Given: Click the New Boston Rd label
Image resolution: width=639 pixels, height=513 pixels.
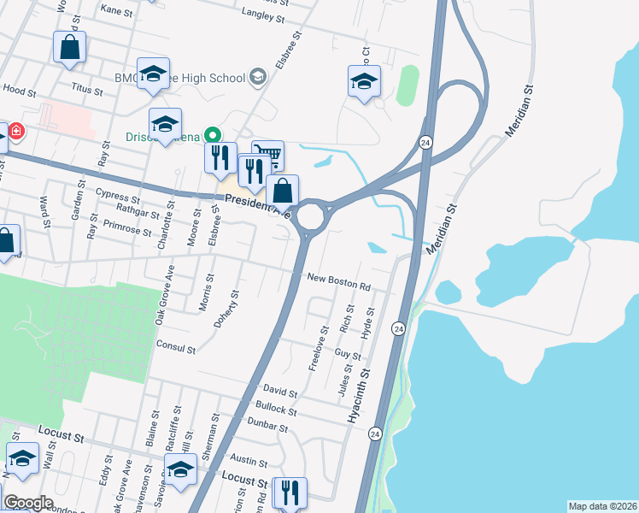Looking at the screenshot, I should coord(339,282).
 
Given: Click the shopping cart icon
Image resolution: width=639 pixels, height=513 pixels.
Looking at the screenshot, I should coord(269,154).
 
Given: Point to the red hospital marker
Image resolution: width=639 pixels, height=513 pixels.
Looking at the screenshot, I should coord(16,132).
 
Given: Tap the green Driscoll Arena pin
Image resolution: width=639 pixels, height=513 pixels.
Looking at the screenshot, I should coord(214,135).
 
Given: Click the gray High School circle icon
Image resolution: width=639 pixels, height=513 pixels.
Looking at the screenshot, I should coord(257,78).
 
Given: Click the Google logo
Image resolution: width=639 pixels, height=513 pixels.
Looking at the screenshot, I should coord(27,503).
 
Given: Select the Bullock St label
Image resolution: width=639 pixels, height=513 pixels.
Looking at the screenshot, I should coord(275,409).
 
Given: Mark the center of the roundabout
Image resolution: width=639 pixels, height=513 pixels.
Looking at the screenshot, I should coord(309,215).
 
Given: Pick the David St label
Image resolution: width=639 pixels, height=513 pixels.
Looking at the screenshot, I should coord(279,393).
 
